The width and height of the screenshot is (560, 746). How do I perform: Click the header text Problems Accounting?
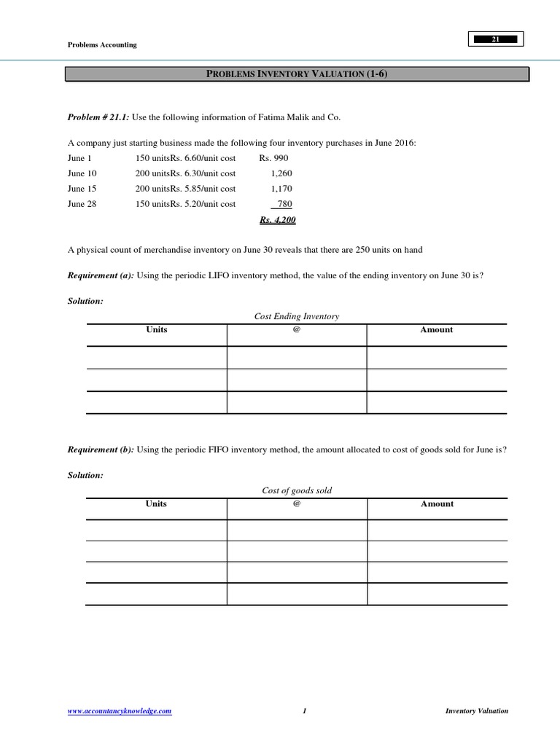pyautogui.click(x=101, y=45)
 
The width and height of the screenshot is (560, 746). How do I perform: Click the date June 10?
pyautogui.click(x=82, y=173)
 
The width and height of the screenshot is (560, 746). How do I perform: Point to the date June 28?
pyautogui.click(x=82, y=204)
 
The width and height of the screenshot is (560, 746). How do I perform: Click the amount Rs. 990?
pyautogui.click(x=275, y=158)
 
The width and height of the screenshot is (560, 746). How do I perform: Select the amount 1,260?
pyautogui.click(x=281, y=173)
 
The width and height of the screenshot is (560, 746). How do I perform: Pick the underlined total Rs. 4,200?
pyautogui.click(x=278, y=220)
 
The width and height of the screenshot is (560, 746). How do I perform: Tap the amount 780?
pyautogui.click(x=285, y=204)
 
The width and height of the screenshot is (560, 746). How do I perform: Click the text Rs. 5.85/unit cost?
pyautogui.click(x=203, y=189)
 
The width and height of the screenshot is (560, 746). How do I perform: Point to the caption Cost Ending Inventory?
pyautogui.click(x=296, y=316)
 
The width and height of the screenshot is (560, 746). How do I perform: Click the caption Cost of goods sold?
pyautogui.click(x=296, y=490)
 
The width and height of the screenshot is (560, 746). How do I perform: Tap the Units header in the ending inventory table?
pyautogui.click(x=156, y=330)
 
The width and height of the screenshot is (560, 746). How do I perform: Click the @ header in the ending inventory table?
pyautogui.click(x=296, y=330)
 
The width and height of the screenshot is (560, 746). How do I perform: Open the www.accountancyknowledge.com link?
pyautogui.click(x=120, y=711)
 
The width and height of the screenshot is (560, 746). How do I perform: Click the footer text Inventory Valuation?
pyautogui.click(x=477, y=711)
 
